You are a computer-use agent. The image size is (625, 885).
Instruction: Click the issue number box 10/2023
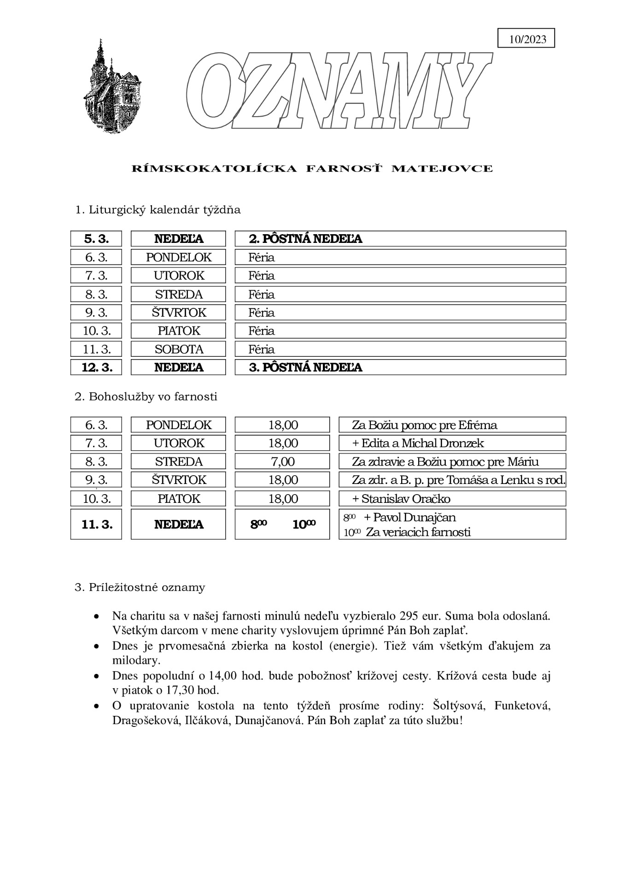coord(526,39)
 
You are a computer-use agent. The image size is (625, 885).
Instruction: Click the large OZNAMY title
coord(339,90)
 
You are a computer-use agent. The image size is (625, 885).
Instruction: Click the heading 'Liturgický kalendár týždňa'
coord(158,210)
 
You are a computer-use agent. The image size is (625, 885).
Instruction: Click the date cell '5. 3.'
coord(96,239)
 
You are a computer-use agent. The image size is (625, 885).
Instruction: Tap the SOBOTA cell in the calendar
coord(179,349)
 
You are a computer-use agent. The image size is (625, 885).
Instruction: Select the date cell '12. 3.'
coord(96,367)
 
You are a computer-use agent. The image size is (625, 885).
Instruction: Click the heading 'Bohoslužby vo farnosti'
coord(146,396)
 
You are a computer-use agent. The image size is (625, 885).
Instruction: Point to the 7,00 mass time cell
coord(283,461)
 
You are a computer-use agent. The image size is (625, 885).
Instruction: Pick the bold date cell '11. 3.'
coord(96,524)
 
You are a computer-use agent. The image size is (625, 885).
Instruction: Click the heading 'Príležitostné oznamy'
coord(140,587)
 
